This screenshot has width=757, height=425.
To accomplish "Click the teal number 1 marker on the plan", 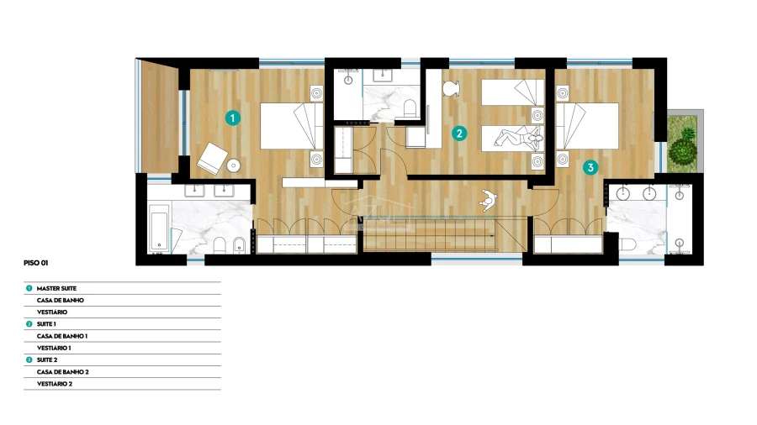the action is (233, 118).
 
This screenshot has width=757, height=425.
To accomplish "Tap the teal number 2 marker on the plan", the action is (459, 134).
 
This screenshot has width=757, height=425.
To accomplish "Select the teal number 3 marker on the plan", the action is (590, 168).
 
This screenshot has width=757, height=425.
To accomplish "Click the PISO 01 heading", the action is (35, 263).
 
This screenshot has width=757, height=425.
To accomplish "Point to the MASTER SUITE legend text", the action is (56, 289).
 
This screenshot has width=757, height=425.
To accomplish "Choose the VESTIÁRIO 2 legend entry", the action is (55, 384).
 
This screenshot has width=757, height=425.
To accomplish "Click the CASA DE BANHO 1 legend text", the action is (61, 336).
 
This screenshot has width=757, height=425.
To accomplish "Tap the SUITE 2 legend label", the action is (47, 360).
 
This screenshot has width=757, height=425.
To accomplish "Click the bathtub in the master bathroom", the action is (159, 228).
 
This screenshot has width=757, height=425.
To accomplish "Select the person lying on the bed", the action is (517, 138).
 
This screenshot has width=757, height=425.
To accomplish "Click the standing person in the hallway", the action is (488, 200).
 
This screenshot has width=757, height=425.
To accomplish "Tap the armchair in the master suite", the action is (213, 159).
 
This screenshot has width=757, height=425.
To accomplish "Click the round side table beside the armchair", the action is (234, 165).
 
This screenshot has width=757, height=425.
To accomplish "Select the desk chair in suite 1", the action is (451, 88).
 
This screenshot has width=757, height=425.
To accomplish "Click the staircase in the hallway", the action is (430, 234).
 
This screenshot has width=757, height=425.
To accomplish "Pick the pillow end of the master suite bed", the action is (317, 126).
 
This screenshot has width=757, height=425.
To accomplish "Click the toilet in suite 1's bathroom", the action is (410, 108).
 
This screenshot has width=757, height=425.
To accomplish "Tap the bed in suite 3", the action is (587, 126).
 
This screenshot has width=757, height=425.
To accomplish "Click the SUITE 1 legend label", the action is (46, 324).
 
